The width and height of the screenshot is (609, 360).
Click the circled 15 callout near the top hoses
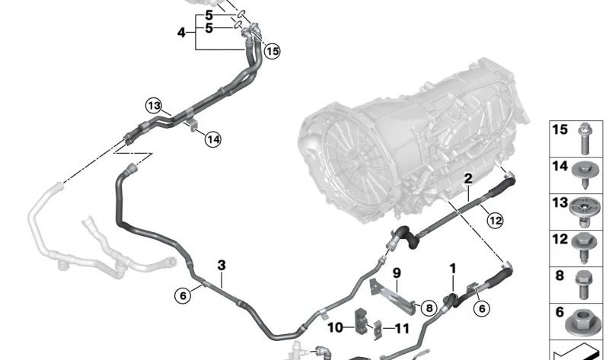272,51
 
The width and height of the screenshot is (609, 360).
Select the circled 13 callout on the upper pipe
154,105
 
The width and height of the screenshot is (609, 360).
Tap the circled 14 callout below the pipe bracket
213,139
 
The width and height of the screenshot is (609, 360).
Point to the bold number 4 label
181,33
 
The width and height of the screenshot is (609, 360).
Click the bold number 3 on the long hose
222,266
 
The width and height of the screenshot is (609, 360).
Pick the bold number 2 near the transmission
468,179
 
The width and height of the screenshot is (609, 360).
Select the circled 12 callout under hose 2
496,221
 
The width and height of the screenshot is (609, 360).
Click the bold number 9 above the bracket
396,272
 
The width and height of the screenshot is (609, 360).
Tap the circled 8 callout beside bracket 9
429,308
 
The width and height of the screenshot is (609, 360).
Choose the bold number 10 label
336,328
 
